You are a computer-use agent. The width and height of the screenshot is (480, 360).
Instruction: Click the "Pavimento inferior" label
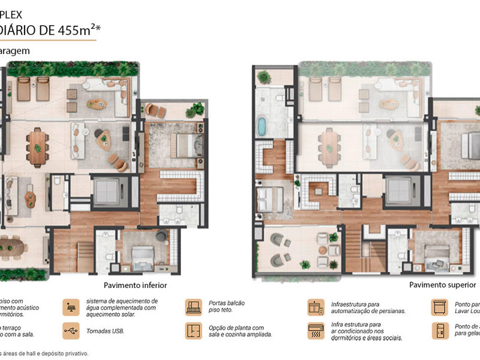(135, 286)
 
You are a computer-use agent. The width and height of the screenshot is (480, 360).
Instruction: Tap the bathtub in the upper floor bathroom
(262, 127)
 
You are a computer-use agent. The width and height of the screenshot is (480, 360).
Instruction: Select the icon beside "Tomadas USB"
(71, 330)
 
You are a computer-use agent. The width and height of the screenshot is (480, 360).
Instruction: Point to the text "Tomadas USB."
(106, 330)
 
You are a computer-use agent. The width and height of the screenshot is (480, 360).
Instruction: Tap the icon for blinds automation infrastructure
(316, 307)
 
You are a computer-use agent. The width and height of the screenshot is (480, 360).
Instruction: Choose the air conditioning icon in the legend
(316, 330)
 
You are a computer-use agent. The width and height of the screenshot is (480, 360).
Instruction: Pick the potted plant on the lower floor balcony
(194, 110)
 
